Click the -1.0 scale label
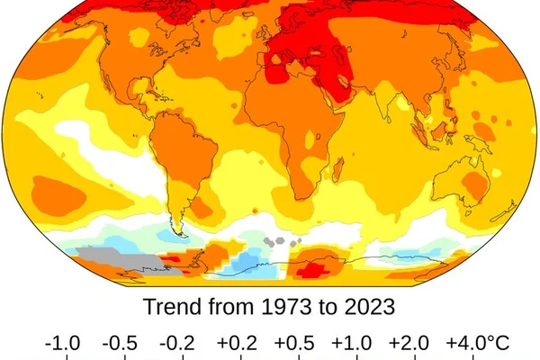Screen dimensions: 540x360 [x=63, y=343]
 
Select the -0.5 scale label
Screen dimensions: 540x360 [x=120, y=343]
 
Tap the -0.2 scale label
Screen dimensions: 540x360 [x=177, y=343]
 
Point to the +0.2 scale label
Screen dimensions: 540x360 [x=237, y=343]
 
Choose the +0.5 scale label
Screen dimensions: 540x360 [x=294, y=343]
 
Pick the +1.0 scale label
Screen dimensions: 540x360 [x=352, y=343]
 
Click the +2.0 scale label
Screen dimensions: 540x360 [x=409, y=343]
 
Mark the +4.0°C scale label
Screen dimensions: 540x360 [x=478, y=343]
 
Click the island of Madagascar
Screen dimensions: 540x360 [x=337, y=170]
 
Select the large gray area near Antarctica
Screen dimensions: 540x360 [x=128, y=260]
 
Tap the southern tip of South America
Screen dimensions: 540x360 [x=181, y=234]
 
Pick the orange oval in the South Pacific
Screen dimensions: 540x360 [x=58, y=196]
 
